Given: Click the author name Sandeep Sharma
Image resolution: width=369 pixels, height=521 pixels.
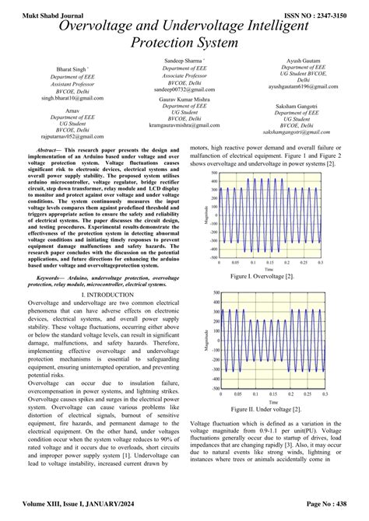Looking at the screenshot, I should pyautogui.click(x=184, y=60).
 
